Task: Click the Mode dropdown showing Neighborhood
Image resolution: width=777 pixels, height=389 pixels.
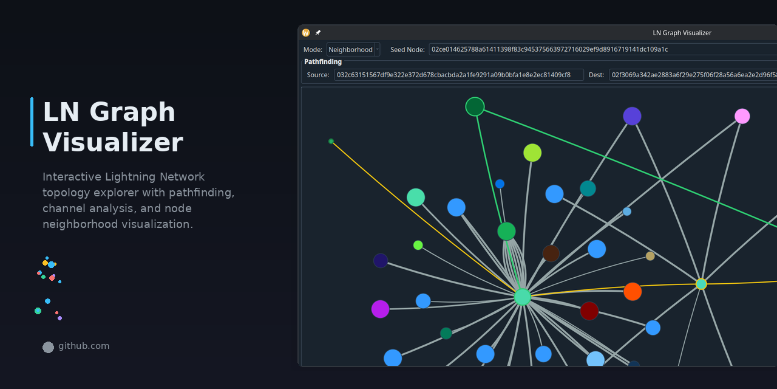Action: pyautogui.click(x=353, y=50)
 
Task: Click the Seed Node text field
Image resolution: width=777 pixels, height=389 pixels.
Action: pyautogui.click(x=601, y=50)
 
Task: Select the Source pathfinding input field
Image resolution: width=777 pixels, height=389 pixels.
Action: pyautogui.click(x=458, y=75)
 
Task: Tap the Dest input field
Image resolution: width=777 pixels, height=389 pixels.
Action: pyautogui.click(x=692, y=75)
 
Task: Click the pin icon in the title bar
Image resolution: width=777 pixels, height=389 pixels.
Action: pyautogui.click(x=318, y=33)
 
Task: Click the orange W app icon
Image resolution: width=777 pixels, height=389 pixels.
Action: pyautogui.click(x=306, y=33)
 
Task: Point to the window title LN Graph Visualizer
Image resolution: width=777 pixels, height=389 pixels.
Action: pyautogui.click(x=682, y=33)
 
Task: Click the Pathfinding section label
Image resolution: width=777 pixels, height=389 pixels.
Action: pyautogui.click(x=323, y=62)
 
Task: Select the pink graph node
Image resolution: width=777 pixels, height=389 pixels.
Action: pyautogui.click(x=742, y=116)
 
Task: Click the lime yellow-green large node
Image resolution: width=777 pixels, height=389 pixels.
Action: pyautogui.click(x=532, y=153)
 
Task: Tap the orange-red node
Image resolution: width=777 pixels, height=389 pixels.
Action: pyautogui.click(x=633, y=292)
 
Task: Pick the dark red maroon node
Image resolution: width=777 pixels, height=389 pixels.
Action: pyautogui.click(x=589, y=311)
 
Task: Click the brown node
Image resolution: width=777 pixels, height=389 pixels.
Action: pyautogui.click(x=551, y=253)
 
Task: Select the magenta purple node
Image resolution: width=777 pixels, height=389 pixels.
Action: pyautogui.click(x=380, y=309)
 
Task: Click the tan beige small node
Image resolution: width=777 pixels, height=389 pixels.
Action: pyautogui.click(x=650, y=256)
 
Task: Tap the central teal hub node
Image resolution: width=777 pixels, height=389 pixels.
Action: pyautogui.click(x=522, y=297)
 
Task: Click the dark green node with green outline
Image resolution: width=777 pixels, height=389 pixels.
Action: pyautogui.click(x=475, y=106)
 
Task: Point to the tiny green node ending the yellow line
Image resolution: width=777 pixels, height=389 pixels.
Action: pyautogui.click(x=331, y=141)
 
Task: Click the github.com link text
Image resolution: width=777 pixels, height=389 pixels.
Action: pyautogui.click(x=84, y=346)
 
